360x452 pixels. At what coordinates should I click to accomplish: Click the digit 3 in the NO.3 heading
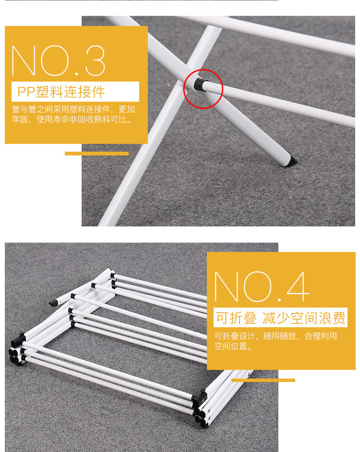tap(95, 60)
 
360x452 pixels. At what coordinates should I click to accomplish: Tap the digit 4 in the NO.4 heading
tap(298, 286)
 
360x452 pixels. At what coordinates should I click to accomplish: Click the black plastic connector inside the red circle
tap(200, 84)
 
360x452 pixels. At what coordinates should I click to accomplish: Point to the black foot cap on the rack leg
tap(291, 161)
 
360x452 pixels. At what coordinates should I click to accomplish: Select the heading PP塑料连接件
tap(61, 92)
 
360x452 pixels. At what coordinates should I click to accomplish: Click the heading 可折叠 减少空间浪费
tap(280, 318)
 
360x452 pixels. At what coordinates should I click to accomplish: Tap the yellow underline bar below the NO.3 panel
tap(96, 154)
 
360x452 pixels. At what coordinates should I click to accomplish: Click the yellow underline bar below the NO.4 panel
tap(263, 380)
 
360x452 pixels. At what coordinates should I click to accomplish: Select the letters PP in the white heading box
tap(26, 92)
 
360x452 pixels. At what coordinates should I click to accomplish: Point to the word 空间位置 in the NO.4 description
tap(230, 346)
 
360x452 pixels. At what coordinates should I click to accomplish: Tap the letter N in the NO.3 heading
tap(24, 60)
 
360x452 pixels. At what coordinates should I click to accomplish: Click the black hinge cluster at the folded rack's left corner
tap(18, 349)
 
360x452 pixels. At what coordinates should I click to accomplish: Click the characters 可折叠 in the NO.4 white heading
tap(236, 318)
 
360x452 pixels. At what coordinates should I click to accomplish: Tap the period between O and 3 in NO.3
tap(77, 73)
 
